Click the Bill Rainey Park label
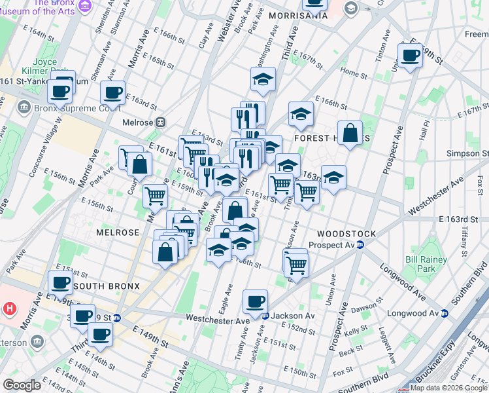pyautogui.click(x=419, y=264)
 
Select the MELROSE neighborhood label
pyautogui.click(x=118, y=233)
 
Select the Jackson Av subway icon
pyautogui.click(x=265, y=316)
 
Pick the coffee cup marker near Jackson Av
pyautogui.click(x=255, y=301)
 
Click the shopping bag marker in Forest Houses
pyautogui.click(x=350, y=133)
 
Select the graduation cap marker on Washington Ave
pyautogui.click(x=263, y=80)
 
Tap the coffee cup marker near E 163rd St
pyautogui.click(x=112, y=93)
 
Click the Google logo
pyautogui.click(x=22, y=385)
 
